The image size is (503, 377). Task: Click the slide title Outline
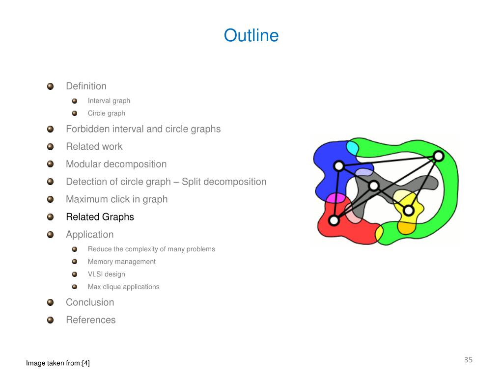tap(251, 36)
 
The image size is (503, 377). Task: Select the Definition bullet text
tap(86, 86)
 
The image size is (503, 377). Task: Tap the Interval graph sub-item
tap(109, 101)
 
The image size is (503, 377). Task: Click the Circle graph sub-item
tap(106, 113)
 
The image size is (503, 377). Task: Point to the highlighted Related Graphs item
tap(100, 217)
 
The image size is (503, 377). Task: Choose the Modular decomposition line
tap(116, 164)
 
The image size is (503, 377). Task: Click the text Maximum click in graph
tap(116, 199)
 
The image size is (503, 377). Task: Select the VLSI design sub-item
tap(106, 274)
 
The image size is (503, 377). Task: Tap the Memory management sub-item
tap(121, 262)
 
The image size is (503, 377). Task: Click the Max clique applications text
tap(123, 287)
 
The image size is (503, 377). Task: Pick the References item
tap(91, 320)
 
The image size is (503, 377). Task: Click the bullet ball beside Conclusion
tap(50, 302)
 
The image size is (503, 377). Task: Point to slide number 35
tap(468, 360)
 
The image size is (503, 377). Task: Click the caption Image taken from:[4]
tap(58, 363)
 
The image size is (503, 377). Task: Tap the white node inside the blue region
tap(338, 166)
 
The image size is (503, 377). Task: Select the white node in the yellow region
tap(408, 211)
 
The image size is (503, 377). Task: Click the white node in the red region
tap(334, 220)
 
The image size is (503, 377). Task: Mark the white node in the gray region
tap(374, 186)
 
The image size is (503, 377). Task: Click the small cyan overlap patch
tap(352, 147)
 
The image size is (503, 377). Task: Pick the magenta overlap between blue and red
tap(336, 198)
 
